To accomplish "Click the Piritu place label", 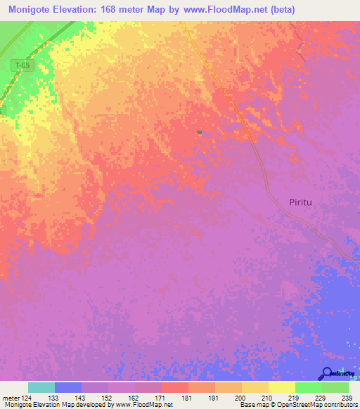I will click(304, 202).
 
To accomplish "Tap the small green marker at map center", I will click(200, 132).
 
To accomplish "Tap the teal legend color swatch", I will click(41, 387).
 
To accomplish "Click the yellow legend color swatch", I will click(281, 387).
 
